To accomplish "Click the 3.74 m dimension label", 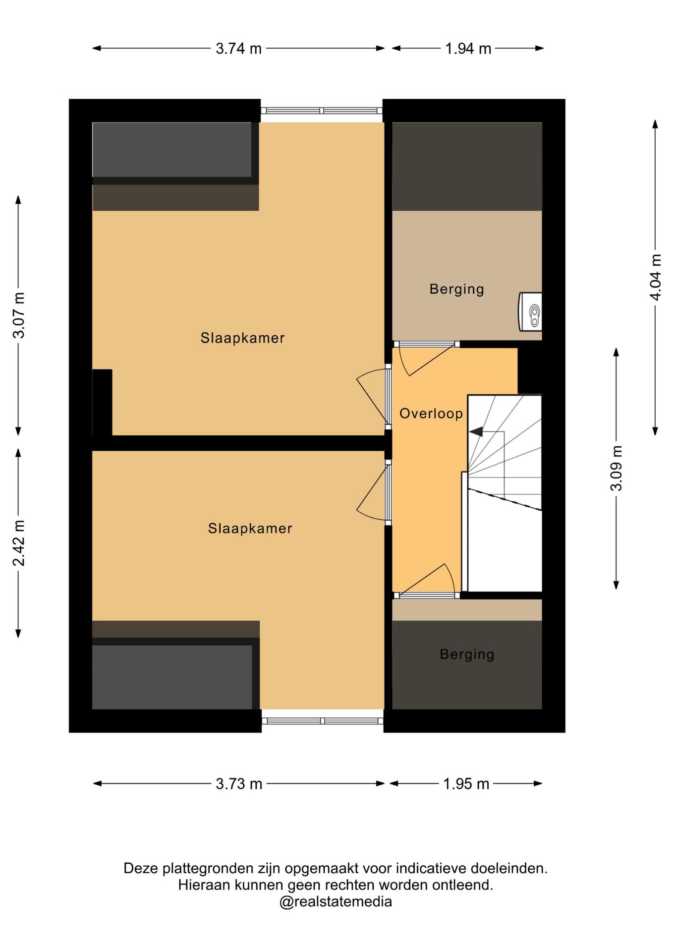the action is coord(238,49).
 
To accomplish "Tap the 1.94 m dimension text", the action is coord(468,49).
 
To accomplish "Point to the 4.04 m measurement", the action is coord(656,277).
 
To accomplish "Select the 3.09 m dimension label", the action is coord(616,468).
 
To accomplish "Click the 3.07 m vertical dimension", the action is coord(19,315).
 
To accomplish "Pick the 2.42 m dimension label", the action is coord(19,543).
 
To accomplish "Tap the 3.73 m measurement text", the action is coord(239,784).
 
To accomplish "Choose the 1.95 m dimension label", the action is coord(466,784).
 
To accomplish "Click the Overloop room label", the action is coord(431,414).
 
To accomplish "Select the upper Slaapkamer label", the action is coord(242,338).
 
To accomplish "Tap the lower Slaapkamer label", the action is coord(250,529).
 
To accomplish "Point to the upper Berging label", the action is coord(456,289).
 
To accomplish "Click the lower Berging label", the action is coord(467,654).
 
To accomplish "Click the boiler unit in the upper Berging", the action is coord(530,311).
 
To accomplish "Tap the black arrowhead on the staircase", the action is coord(476,432).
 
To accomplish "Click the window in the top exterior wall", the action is coord(322,111).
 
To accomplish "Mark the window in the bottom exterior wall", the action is coord(323,721).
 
